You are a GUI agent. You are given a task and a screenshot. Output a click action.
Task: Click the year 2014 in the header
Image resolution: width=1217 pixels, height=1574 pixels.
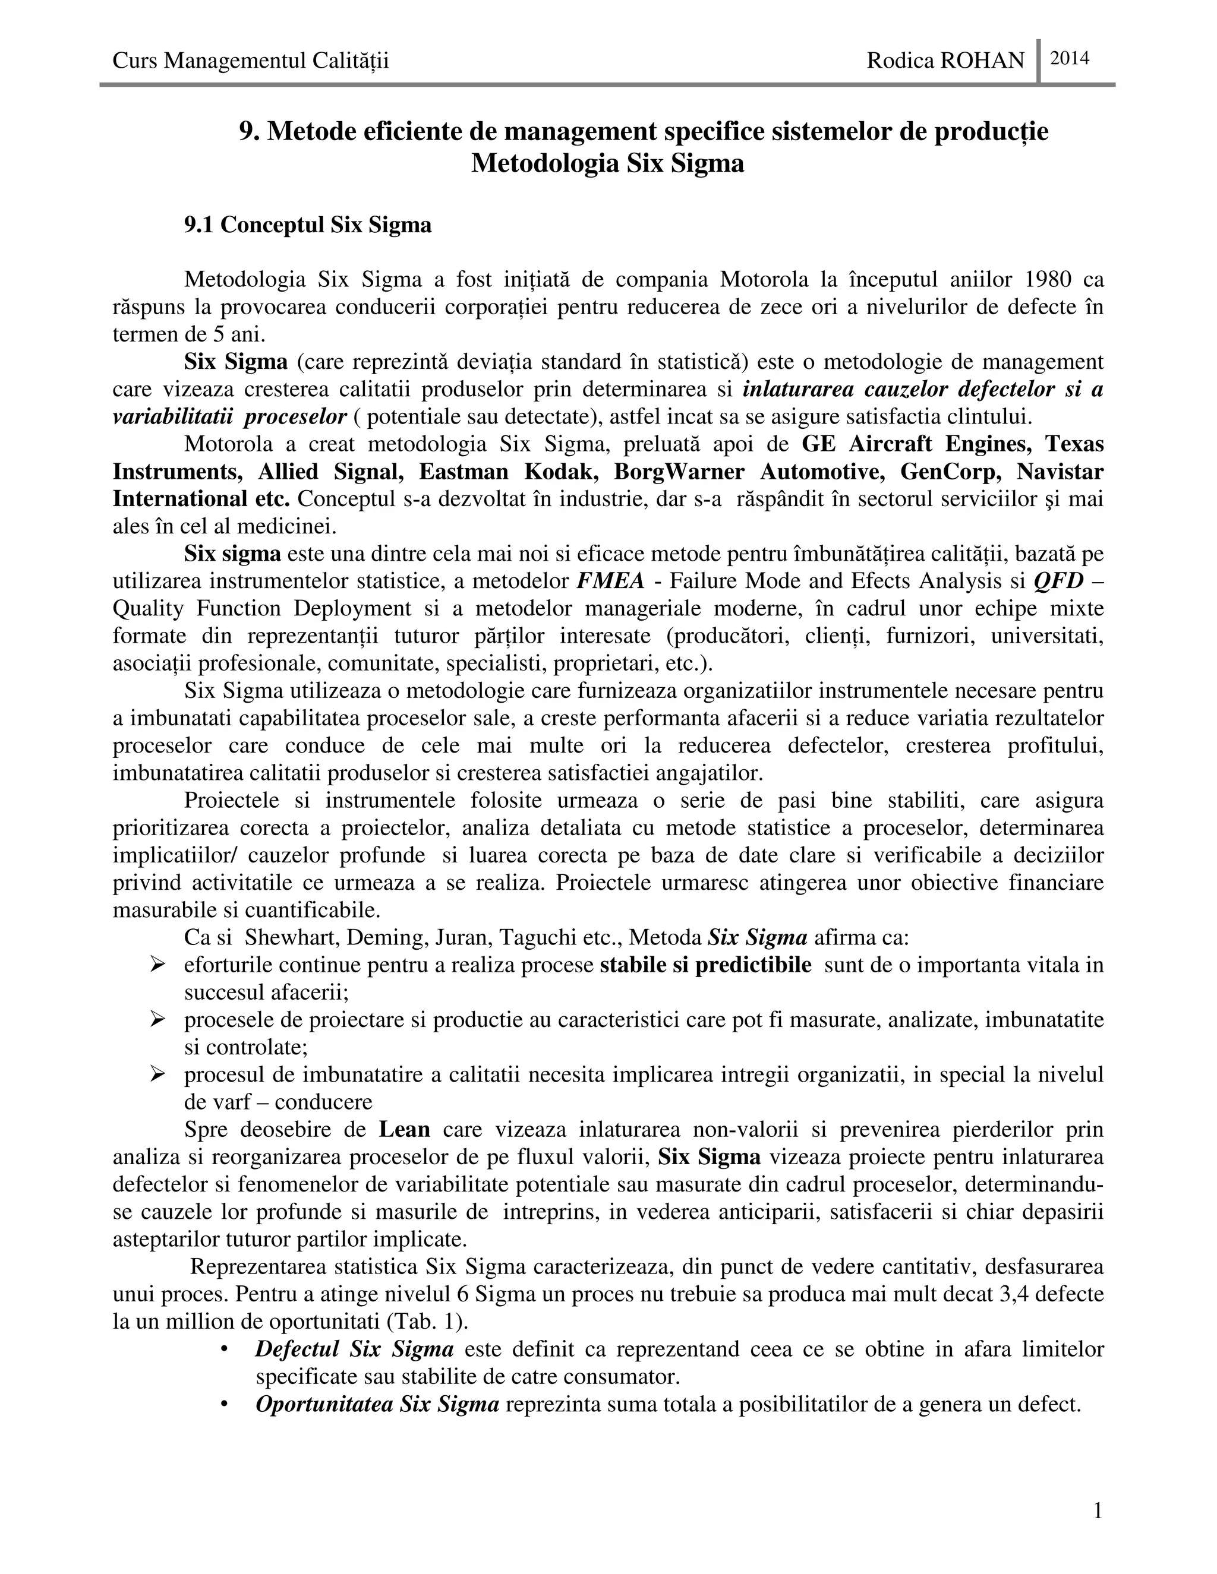pos(1069,58)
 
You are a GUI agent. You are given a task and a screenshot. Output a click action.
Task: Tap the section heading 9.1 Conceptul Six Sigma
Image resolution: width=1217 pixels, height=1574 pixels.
pos(308,225)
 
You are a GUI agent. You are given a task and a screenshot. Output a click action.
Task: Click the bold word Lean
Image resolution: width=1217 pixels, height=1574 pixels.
pos(405,1129)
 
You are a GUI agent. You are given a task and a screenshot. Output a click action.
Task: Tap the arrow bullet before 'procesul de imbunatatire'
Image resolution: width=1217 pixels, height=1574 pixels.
pos(159,1074)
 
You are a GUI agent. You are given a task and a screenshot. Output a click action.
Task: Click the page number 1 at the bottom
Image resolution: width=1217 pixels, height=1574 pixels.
pos(1098,1510)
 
